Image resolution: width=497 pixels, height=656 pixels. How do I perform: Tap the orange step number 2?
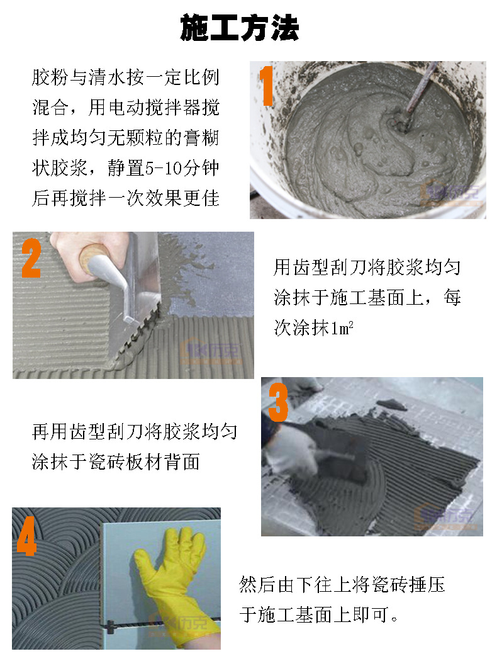click(x=31, y=258)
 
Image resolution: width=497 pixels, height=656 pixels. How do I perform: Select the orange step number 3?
click(x=278, y=404)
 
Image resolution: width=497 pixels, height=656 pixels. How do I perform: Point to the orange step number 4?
click(x=26, y=537)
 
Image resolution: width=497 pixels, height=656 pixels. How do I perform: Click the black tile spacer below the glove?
click(x=110, y=626)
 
